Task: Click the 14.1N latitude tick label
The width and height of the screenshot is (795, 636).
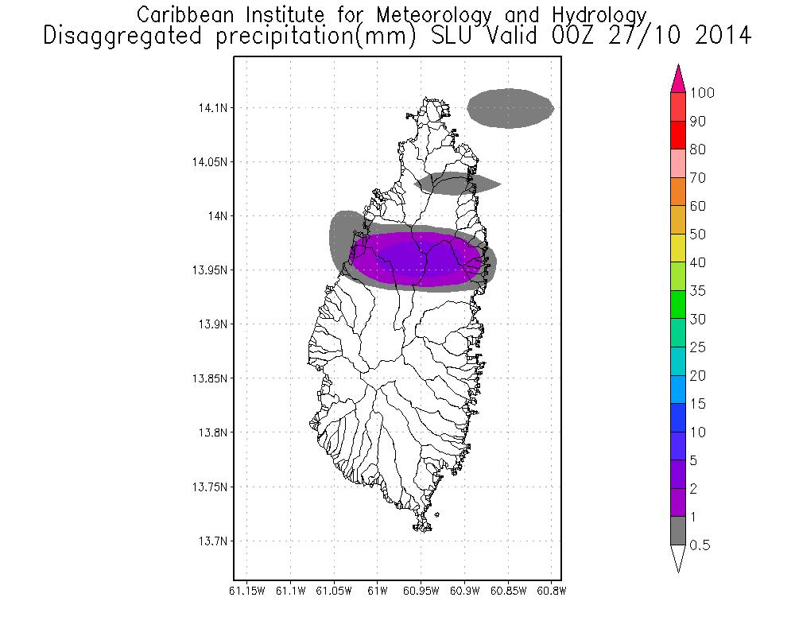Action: [x=212, y=108]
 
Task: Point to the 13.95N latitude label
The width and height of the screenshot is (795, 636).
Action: [x=209, y=270]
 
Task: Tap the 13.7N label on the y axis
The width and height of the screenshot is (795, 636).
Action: [x=212, y=541]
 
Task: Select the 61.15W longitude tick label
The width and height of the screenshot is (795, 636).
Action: [x=247, y=591]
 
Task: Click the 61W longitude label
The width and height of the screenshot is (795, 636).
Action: [x=377, y=591]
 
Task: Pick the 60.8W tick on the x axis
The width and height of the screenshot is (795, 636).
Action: [x=551, y=591]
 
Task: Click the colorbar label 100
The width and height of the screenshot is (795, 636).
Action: [x=702, y=93]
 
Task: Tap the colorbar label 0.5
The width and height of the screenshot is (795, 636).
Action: [x=700, y=545]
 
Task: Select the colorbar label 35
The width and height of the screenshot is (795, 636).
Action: [x=698, y=291]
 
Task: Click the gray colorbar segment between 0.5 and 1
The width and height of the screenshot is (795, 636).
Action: [x=678, y=530]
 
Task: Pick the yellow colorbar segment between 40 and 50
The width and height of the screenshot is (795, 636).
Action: [x=678, y=248]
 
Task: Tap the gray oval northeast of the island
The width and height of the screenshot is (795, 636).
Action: [x=510, y=108]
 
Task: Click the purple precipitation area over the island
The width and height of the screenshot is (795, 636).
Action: [x=417, y=258]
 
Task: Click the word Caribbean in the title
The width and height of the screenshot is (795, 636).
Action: [x=185, y=15]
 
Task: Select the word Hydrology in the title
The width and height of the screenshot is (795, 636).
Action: [x=599, y=16]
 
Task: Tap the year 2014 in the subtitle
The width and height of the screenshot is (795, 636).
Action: [x=723, y=36]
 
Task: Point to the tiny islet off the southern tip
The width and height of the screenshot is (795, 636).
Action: [x=437, y=515]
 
